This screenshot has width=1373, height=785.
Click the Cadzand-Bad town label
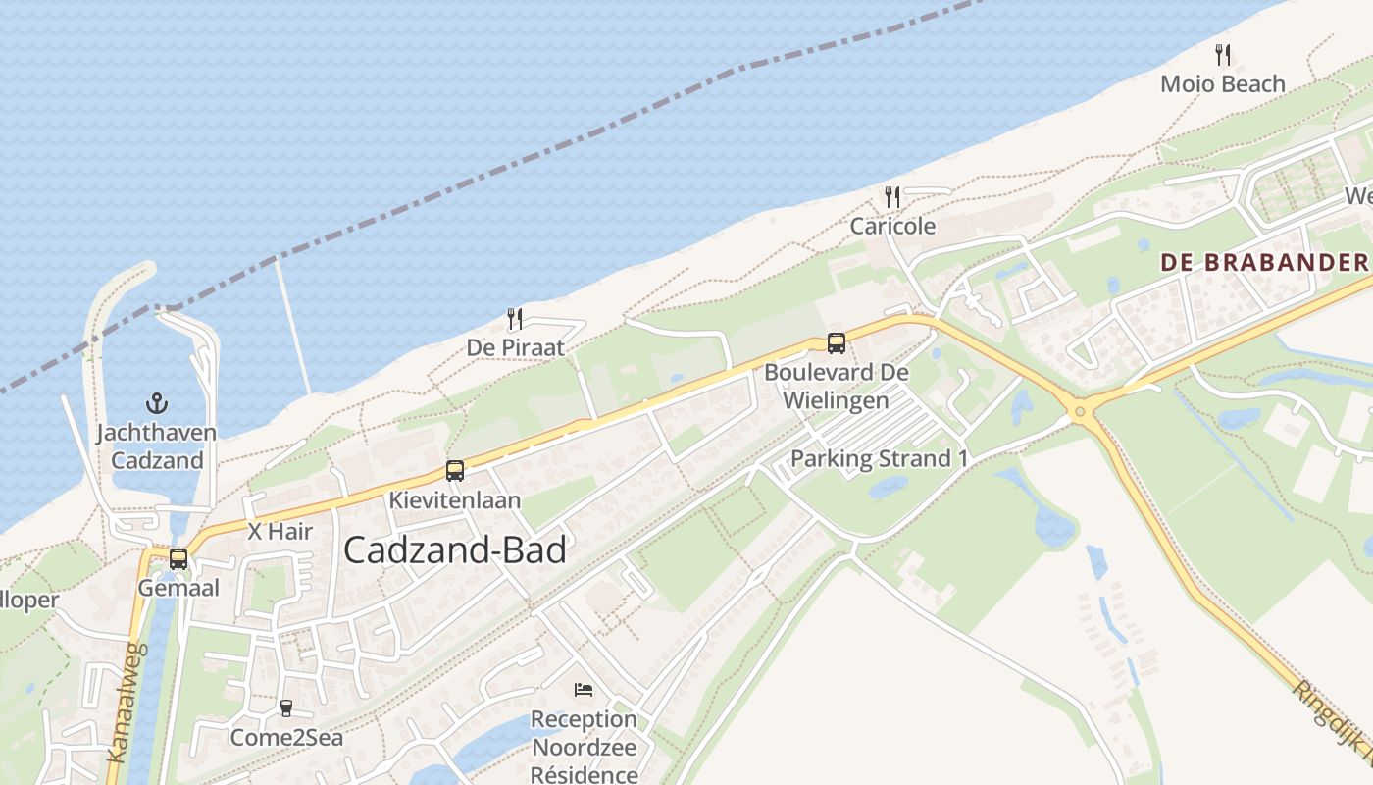tap(455, 550)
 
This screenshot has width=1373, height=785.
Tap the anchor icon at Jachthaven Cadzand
tap(156, 402)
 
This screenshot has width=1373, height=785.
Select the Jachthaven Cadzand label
tap(157, 445)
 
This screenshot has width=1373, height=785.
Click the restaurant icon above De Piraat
tap(514, 318)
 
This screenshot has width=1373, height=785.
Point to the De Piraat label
tap(516, 348)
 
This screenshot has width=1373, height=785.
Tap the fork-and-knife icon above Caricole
tap(891, 196)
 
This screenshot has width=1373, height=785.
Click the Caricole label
tap(892, 226)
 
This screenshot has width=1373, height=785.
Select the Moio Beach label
tap(1222, 84)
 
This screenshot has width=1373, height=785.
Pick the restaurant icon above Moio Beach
tap(1222, 54)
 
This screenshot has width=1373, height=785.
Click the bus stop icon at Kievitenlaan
tap(454, 470)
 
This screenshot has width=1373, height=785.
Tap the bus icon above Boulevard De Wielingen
tap(836, 342)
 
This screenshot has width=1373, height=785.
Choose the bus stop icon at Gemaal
tap(178, 558)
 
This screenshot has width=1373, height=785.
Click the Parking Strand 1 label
tap(872, 458)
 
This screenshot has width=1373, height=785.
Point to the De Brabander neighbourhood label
tap(1263, 263)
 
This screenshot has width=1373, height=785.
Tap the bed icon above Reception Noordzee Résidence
tap(584, 689)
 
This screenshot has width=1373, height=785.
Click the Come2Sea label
tap(286, 737)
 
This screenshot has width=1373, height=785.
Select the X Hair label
tap(280, 532)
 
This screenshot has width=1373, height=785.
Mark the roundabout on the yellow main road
tap(1082, 410)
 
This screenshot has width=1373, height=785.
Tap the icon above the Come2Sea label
tap(286, 707)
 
